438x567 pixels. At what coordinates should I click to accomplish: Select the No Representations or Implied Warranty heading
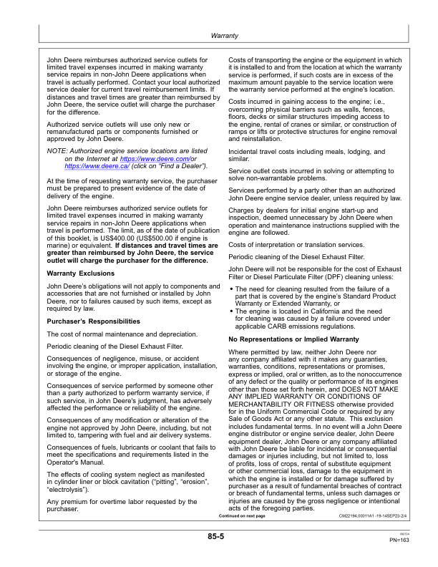[x=293, y=338]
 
